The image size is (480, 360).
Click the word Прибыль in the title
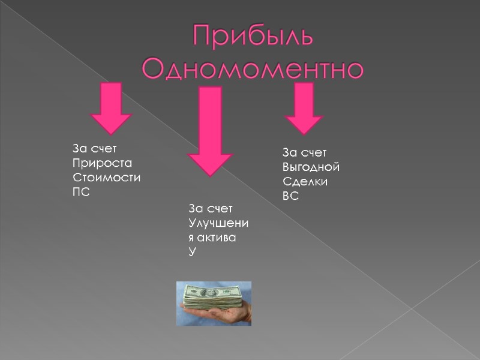click(253, 37)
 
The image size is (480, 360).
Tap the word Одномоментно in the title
click(253, 69)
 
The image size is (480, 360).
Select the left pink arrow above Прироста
click(110, 108)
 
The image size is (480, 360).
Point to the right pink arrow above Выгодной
click(304, 108)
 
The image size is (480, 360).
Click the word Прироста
click(101, 163)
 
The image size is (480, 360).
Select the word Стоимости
click(107, 178)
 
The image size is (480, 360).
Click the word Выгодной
click(311, 166)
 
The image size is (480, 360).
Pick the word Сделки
click(305, 181)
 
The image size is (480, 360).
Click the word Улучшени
click(218, 223)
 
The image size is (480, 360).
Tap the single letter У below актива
click(192, 253)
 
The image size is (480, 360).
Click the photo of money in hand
click(214, 304)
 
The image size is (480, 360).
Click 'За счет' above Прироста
click(94, 148)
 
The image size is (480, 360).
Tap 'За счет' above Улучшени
click(210, 208)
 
